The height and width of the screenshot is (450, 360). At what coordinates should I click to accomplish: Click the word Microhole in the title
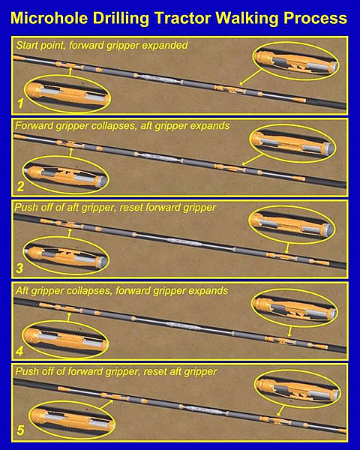49,18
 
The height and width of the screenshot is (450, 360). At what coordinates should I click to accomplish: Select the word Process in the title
315,18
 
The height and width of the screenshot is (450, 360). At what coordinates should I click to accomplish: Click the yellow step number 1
20,103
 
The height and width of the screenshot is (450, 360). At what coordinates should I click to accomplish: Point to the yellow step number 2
20,187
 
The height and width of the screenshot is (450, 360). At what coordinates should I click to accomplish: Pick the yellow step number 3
19,268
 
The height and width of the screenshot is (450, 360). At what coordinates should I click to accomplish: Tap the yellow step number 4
19,351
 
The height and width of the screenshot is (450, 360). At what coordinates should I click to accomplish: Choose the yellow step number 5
20,430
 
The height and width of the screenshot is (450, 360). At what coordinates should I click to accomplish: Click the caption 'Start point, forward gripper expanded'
102,46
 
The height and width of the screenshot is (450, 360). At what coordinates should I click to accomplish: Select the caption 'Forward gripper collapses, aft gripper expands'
122,126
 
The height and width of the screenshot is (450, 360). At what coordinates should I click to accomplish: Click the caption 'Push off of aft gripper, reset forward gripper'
115,208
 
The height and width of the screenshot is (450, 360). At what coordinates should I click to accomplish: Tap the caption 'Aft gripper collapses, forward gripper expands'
121,291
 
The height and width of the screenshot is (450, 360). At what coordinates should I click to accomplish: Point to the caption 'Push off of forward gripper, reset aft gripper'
116,372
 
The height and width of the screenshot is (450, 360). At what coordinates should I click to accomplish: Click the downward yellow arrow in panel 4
289,331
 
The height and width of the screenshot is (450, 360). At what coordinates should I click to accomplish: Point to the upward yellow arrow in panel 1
70,71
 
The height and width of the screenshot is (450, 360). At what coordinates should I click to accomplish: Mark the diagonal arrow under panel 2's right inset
252,160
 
